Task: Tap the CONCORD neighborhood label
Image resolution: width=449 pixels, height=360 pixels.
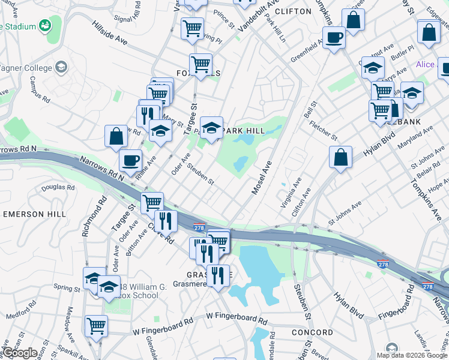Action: pyautogui.click(x=312, y=332)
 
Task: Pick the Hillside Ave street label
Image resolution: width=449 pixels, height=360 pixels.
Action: pyautogui.click(x=110, y=34)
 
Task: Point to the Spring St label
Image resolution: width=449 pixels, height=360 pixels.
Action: pyautogui.click(x=67, y=288)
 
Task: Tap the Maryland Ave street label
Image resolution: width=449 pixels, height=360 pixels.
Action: pyautogui.click(x=411, y=143)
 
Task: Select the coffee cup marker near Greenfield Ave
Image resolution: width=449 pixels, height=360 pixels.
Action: pyautogui.click(x=334, y=38)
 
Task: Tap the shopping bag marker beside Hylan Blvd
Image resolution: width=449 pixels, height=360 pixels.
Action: pyautogui.click(x=340, y=157)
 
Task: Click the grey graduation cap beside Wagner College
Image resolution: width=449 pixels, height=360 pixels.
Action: pyautogui.click(x=61, y=67)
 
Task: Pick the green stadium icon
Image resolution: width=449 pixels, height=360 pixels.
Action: pyautogui.click(x=44, y=25)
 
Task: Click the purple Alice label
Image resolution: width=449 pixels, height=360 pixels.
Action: pyautogui.click(x=426, y=65)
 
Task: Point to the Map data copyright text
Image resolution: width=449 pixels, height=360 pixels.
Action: pyautogui.click(x=411, y=355)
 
